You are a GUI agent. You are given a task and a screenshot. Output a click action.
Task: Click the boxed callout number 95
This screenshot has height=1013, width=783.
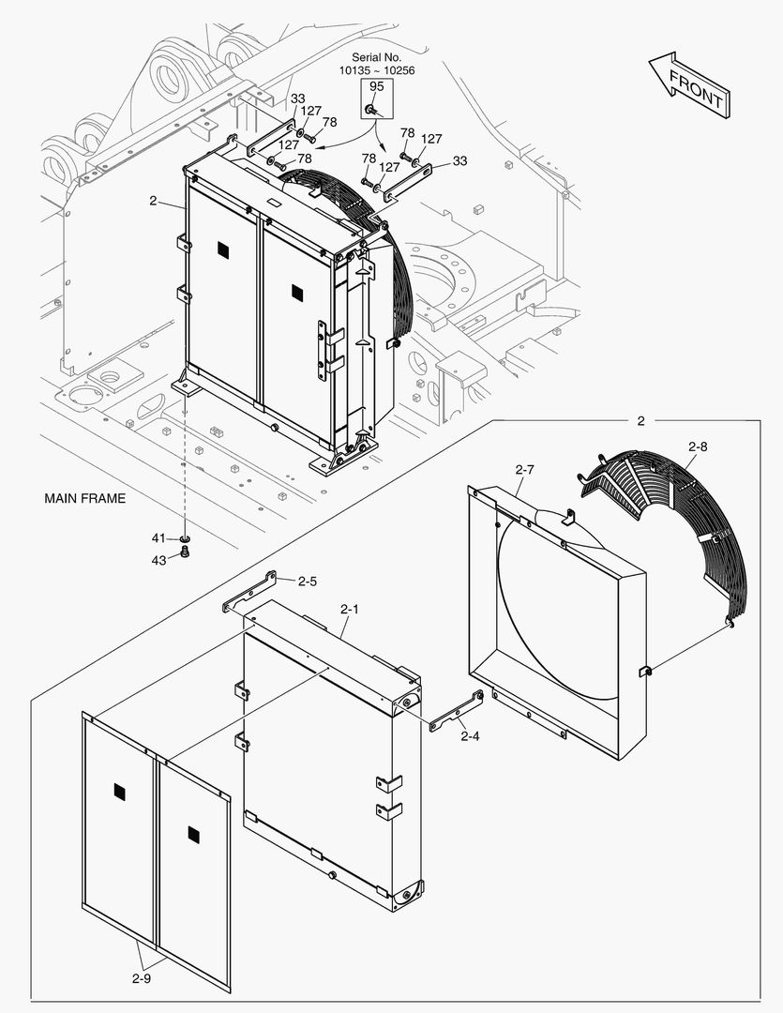pyautogui.click(x=376, y=87)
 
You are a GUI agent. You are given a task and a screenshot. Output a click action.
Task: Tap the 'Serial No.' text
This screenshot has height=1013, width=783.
pyautogui.click(x=376, y=57)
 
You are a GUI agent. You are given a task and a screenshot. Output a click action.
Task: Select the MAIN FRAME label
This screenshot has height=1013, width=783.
pyautogui.click(x=84, y=499)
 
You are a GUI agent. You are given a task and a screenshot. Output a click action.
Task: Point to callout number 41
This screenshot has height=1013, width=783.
pyautogui.click(x=158, y=537)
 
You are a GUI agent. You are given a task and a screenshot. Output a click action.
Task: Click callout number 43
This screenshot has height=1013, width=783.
pyautogui.click(x=158, y=560)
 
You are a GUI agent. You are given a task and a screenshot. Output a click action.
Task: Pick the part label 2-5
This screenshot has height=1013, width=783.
pyautogui.click(x=308, y=582)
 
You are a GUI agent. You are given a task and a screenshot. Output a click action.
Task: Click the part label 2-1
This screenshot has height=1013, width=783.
pyautogui.click(x=349, y=610)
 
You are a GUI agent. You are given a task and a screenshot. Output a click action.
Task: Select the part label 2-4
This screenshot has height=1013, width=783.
pyautogui.click(x=470, y=736)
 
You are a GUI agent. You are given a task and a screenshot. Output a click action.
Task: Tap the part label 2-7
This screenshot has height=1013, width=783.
pyautogui.click(x=524, y=469)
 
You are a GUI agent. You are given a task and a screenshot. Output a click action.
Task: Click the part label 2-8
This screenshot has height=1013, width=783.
pyautogui.click(x=697, y=447)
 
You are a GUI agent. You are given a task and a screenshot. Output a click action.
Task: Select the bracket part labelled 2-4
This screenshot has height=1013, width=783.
pyautogui.click(x=457, y=710)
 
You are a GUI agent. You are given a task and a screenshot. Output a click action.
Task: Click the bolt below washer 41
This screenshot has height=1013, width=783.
pyautogui.click(x=185, y=554)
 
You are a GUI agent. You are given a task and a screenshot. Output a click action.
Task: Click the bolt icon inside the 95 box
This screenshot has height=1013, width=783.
pyautogui.click(x=373, y=111)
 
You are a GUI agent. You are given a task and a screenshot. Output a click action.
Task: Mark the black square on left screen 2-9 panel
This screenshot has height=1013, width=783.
pyautogui.click(x=119, y=793)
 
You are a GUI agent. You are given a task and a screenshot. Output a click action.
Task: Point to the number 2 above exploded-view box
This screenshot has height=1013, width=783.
pyautogui.click(x=640, y=421)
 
